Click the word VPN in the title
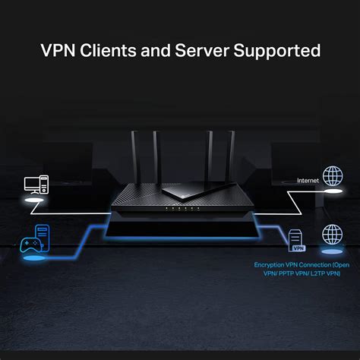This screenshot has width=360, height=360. (58, 51)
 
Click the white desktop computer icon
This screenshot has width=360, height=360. (36, 185)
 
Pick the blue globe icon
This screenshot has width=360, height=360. (332, 235)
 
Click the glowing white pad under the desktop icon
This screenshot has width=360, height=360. (33, 200)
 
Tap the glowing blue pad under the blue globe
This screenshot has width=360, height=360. (332, 250)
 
